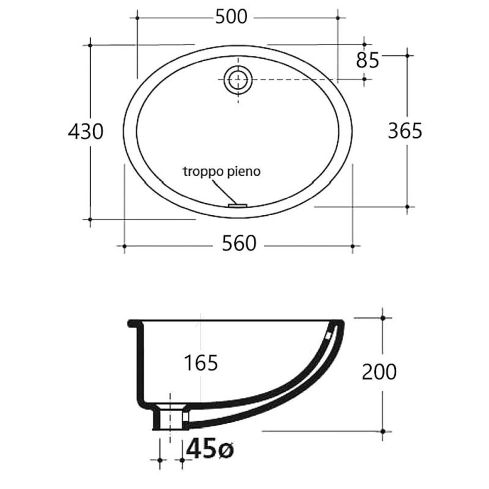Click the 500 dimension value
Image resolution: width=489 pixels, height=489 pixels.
click(x=231, y=17)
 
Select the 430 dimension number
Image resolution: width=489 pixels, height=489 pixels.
click(x=86, y=131)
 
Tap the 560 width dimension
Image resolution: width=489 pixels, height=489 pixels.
click(x=239, y=243)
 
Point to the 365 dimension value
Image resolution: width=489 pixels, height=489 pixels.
click(x=405, y=131)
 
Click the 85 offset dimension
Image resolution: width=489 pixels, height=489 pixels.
click(x=368, y=61)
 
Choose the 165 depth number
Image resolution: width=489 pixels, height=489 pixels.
click(x=201, y=363)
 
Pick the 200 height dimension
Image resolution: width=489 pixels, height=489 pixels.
click(x=379, y=372)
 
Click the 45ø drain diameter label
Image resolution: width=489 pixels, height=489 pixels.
click(x=210, y=449)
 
